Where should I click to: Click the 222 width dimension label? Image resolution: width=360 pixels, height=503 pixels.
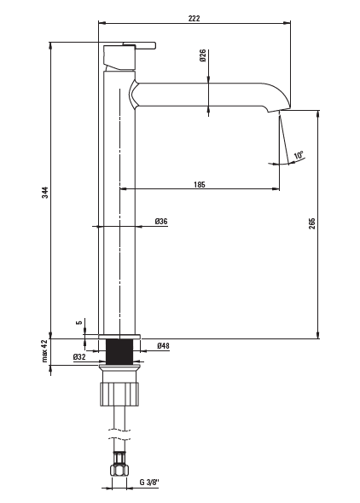[x=194, y=18]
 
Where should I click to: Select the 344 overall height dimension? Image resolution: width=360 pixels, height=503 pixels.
[x=45, y=192]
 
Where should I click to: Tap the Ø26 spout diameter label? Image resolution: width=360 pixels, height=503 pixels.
[x=202, y=55]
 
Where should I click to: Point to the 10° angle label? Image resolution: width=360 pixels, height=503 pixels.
[x=299, y=155]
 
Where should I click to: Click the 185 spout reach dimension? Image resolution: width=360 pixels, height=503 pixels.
[x=200, y=185]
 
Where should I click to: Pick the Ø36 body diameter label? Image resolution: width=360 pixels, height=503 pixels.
[x=161, y=222]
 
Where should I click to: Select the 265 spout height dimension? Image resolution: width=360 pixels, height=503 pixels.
[x=312, y=223]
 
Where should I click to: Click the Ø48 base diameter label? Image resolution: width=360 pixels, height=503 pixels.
[x=163, y=346]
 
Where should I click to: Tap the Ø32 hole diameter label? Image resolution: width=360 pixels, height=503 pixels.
[x=79, y=356]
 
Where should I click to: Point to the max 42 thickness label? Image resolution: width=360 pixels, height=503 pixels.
[x=44, y=350]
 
